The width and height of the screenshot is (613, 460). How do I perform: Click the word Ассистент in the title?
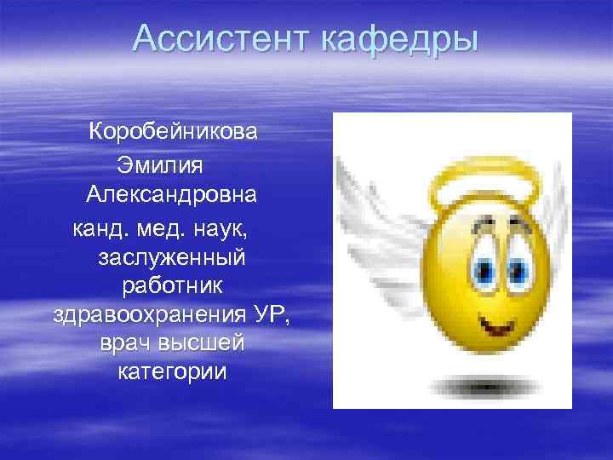point(223,40)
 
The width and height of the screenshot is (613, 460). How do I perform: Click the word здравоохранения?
point(150,318)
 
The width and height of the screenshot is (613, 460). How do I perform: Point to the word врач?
point(127,348)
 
